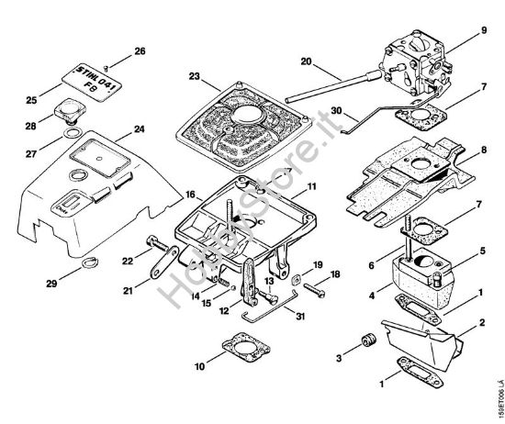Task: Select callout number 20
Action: pos(306,61)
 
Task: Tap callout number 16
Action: pos(189,195)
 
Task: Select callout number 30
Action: pos(310,110)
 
